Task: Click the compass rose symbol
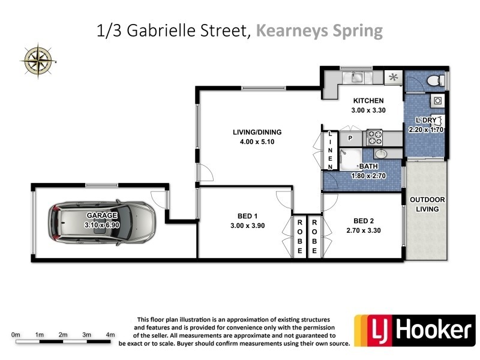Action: [x=38, y=58]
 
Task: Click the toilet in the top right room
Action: [x=434, y=80]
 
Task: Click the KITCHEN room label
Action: [x=368, y=100]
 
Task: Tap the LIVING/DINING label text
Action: [x=257, y=133]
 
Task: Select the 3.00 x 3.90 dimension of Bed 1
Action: [x=248, y=226]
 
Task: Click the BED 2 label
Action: [x=363, y=220]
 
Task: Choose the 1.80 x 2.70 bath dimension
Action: [x=368, y=176]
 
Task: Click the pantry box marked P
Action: [x=350, y=138]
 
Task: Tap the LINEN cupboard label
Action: [x=330, y=149]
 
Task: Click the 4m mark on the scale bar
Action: [x=110, y=334]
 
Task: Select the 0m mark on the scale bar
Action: [x=16, y=334]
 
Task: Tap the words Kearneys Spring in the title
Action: [x=319, y=31]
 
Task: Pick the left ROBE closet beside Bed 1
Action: [x=299, y=236]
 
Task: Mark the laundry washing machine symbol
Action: [x=437, y=100]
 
